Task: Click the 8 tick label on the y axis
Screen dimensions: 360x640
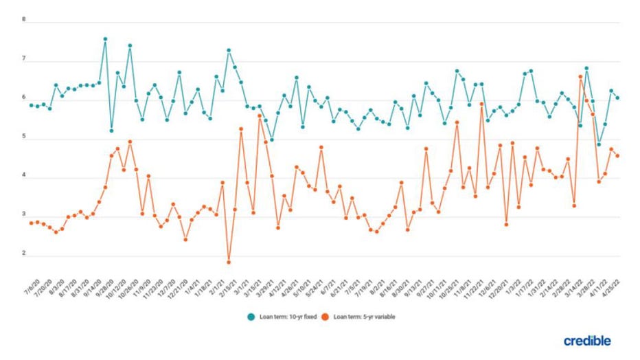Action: coord(24,20)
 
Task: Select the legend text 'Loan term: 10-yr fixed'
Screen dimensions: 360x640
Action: coord(283,317)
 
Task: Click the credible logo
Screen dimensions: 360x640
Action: coord(587,341)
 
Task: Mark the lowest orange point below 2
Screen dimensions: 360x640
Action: coord(229,262)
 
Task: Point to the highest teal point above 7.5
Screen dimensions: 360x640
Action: coord(105,39)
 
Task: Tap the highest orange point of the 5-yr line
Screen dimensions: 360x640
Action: coord(580,77)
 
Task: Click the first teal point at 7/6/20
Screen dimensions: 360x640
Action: coord(32,105)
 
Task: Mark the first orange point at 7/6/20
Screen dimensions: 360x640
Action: coord(32,223)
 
